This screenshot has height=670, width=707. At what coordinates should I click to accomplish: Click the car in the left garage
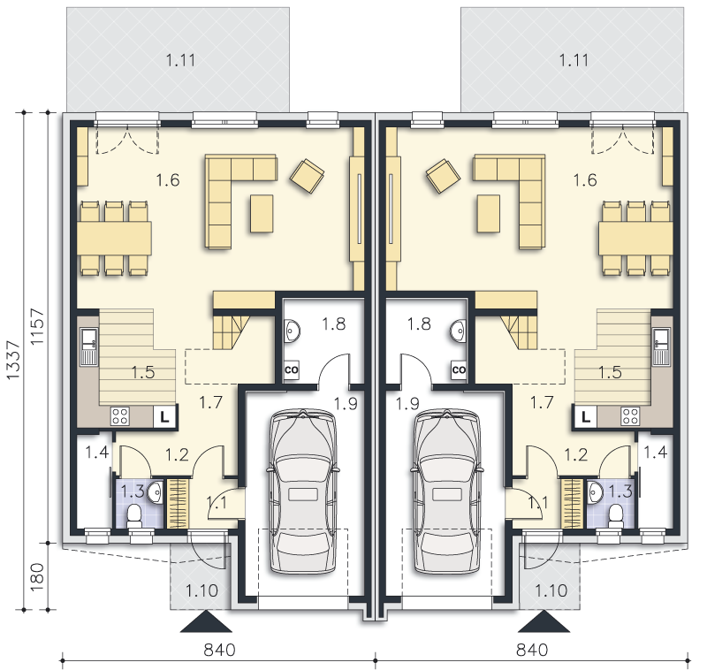click(x=303, y=492)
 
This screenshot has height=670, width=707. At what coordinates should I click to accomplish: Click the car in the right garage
click(x=446, y=492)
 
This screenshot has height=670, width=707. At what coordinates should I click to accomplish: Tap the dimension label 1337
click(x=13, y=360)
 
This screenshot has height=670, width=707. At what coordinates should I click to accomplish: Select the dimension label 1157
click(x=37, y=327)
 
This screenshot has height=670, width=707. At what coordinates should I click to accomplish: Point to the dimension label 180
click(x=37, y=577)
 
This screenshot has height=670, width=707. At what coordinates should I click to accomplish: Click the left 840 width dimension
click(x=219, y=650)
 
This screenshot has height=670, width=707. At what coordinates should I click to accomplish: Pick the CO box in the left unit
click(x=292, y=369)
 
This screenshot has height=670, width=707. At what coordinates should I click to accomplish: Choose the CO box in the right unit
click(x=459, y=369)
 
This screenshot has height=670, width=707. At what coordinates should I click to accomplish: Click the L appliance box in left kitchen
click(x=165, y=416)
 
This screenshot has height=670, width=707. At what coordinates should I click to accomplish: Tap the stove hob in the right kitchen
click(x=630, y=416)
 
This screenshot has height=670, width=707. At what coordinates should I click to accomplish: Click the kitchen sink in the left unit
click(x=89, y=346)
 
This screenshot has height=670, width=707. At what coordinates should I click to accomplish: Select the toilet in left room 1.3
click(x=134, y=516)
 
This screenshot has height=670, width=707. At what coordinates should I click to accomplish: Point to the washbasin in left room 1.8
click(x=292, y=331)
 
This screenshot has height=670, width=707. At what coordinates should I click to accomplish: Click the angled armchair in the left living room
click(x=307, y=175)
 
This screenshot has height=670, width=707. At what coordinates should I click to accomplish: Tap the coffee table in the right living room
click(x=488, y=214)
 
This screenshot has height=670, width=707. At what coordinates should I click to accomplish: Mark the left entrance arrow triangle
click(x=206, y=621)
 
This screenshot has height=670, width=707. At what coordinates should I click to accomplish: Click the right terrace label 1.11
click(x=574, y=60)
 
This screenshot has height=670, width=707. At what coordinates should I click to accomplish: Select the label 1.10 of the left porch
click(x=201, y=590)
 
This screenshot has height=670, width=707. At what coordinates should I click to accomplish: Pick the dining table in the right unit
click(x=635, y=238)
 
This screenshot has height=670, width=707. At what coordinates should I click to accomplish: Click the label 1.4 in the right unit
click(x=655, y=452)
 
